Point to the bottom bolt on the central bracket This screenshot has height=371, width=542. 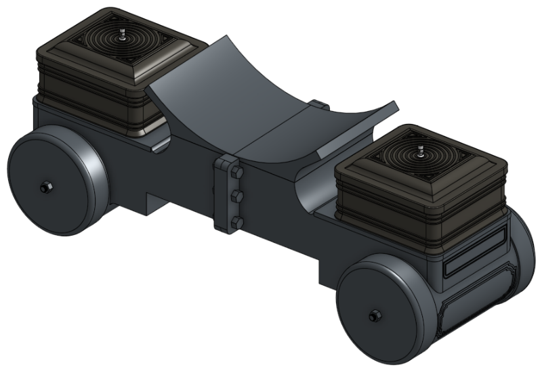point(236,221)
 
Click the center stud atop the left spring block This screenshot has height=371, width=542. point(121,37)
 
